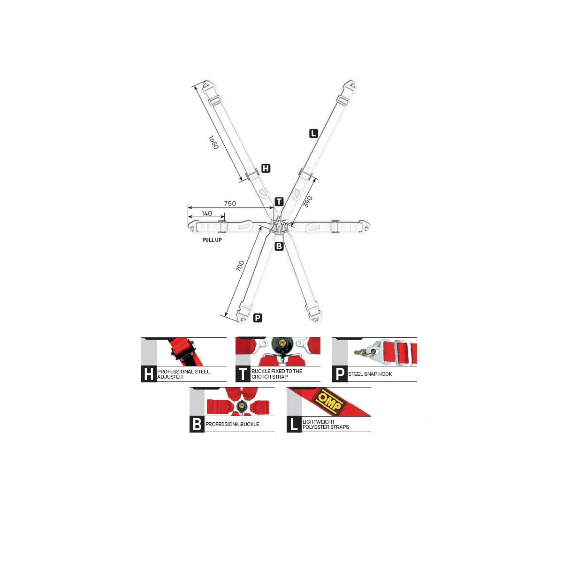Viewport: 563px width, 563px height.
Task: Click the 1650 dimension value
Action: tap(213, 142)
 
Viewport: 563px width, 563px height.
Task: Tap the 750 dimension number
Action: tap(230, 203)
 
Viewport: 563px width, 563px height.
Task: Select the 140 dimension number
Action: tap(206, 213)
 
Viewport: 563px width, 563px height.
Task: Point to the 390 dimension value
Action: tap(308, 202)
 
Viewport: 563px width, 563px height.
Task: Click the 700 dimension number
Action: tap(240, 266)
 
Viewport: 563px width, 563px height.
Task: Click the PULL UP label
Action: tap(212, 240)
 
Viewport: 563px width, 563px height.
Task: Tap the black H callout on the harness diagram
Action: tap(266, 168)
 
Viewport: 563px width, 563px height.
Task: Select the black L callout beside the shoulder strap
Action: tap(313, 134)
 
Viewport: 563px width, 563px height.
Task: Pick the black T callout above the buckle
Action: tap(279, 202)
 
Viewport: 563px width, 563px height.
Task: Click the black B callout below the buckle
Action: tap(279, 246)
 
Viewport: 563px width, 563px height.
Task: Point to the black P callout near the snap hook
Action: tap(258, 318)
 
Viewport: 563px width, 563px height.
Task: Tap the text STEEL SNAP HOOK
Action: tap(370, 374)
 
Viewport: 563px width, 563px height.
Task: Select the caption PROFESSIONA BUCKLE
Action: tap(232, 424)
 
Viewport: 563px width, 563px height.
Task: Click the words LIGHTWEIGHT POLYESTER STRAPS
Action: tap(326, 425)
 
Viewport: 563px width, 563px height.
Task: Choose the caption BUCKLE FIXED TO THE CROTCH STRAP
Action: tap(277, 374)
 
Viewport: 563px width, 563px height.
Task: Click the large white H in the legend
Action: tap(149, 374)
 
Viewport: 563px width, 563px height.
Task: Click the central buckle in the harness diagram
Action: tap(279, 226)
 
